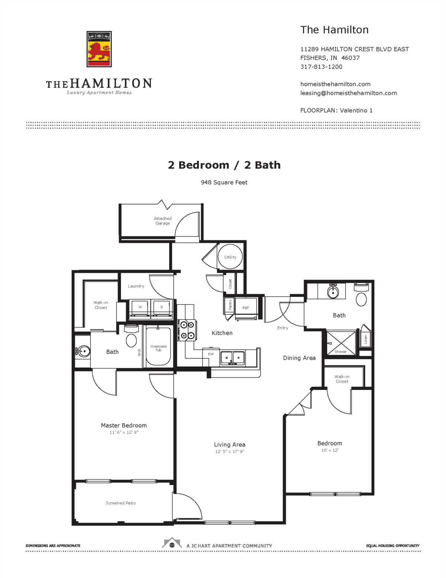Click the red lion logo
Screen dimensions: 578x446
point(99,49)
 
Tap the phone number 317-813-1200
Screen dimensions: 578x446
point(321,67)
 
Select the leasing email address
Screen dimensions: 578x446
point(348,93)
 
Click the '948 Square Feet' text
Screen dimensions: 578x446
point(224,182)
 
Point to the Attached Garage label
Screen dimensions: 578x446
point(163,221)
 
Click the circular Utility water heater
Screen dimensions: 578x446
point(230,257)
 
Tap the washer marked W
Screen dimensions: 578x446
point(140,307)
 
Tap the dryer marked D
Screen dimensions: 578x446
point(162,307)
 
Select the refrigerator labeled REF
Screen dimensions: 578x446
point(246,308)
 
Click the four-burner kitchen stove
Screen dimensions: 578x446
point(187,330)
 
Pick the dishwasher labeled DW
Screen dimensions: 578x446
point(211,354)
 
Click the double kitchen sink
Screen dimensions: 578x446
point(233,358)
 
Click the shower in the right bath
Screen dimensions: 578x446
point(341,342)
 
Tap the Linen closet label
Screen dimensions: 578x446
point(366,339)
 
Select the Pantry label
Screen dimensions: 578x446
point(230,305)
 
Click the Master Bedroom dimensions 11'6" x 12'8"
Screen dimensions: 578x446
point(124,432)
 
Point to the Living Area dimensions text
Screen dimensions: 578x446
point(229,451)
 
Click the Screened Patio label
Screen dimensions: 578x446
point(121,503)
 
